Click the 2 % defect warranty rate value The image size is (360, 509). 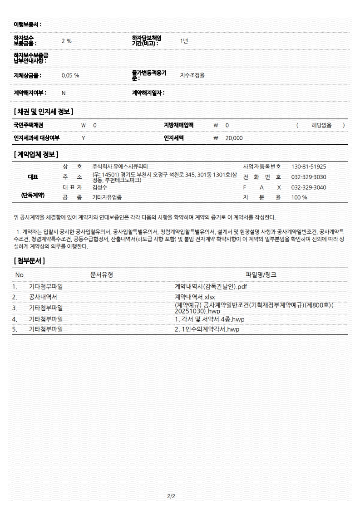click(x=66, y=41)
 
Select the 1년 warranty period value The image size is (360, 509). click(x=184, y=41)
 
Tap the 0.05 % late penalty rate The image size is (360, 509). click(x=70, y=75)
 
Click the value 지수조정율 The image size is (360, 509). click(x=192, y=75)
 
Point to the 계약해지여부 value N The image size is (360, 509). click(x=63, y=93)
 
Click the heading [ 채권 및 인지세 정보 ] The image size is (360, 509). click(x=44, y=112)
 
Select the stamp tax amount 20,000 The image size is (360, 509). click(x=234, y=138)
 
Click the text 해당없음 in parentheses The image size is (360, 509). click(x=321, y=125)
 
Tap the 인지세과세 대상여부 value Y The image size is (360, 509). click(x=83, y=138)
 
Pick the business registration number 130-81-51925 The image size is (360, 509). click(x=308, y=166)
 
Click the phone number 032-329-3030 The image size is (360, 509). click(x=308, y=177)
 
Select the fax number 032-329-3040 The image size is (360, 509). click(x=308, y=187)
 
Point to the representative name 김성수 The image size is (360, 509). click(x=99, y=187)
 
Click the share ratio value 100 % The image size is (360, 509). click(x=299, y=197)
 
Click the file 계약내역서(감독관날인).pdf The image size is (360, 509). click(x=211, y=287)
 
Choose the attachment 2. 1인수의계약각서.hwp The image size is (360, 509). click(x=207, y=329)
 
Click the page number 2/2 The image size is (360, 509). click(x=171, y=496)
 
